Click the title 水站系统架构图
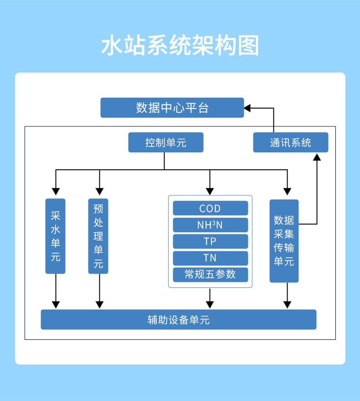pos(180,46)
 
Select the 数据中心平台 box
pos(172,108)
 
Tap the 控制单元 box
pos(165,142)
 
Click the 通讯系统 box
pos(290,142)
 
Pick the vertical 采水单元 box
pos(56,236)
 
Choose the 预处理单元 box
pos(98,236)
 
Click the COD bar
pos(210,208)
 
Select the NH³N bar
pos(210,225)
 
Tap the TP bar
pos(210,241)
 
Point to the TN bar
pos(210,258)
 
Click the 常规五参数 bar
pos(210,274)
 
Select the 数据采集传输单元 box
pos(284,241)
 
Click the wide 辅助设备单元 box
pos(179,319)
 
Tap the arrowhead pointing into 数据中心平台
pos(247,108)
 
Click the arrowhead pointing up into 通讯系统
pos(317,157)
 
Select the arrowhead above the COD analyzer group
pos(210,191)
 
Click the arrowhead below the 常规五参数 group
pos(210,304)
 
